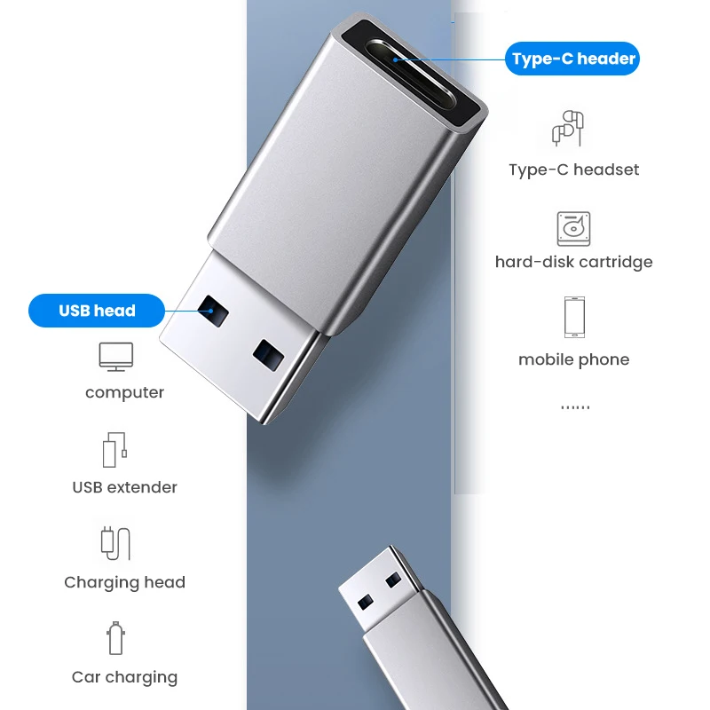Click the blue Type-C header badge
pos(573,59)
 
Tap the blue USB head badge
pos(97,311)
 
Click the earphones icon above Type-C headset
pos(568,130)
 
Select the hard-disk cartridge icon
pos(573,229)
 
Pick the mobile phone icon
pos(573,317)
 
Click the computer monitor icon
pos(115,357)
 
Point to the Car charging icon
pos(114,639)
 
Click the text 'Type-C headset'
pos(573,170)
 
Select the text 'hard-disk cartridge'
pos(573,262)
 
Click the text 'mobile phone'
pos(573,359)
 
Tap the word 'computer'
pos(125,392)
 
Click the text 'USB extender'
pos(125,487)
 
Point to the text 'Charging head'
pos(125,582)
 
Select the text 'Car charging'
pos(125,677)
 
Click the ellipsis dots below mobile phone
pos(575,406)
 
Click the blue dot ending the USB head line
pos(210,311)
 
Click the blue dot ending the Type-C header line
pos(395,60)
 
